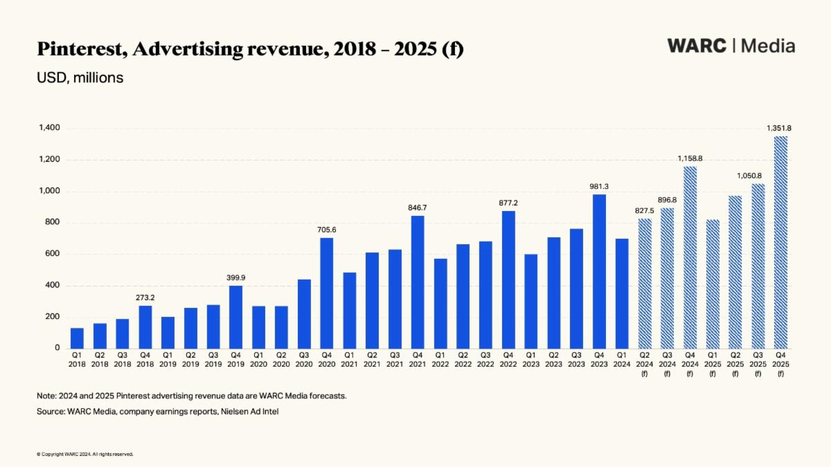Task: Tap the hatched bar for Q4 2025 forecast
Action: click(780, 242)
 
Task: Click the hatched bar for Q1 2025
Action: click(713, 284)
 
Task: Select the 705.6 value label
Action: click(327, 230)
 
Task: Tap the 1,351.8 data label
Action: click(780, 128)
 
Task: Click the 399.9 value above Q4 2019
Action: click(237, 277)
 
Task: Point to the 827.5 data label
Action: click(645, 210)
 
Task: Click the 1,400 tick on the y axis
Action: click(50, 128)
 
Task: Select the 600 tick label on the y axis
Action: click(53, 254)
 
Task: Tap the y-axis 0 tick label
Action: click(57, 348)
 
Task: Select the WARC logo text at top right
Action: click(697, 46)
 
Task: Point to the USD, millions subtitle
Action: click(80, 77)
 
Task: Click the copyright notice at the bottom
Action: click(84, 455)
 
